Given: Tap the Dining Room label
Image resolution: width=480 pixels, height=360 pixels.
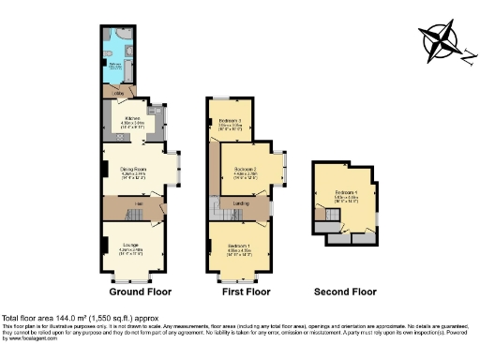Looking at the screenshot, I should tap(131, 169).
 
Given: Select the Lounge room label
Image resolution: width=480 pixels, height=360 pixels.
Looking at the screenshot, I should tap(131, 247).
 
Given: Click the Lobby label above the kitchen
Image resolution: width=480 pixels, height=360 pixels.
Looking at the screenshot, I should tap(119, 93).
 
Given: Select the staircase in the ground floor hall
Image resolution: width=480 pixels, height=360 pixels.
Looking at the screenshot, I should tap(112, 217).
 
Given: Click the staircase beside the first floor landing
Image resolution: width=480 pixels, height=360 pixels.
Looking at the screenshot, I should tap(217, 208).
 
